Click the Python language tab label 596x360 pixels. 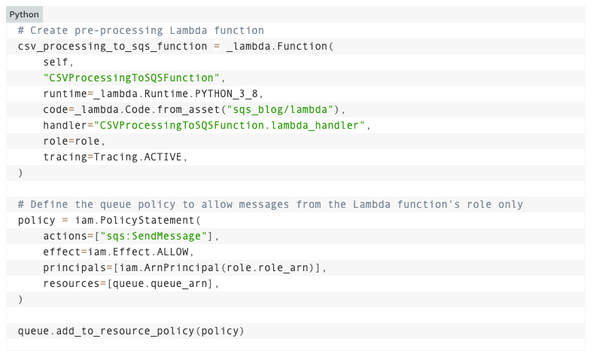point(24,14)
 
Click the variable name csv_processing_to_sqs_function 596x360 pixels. point(112,46)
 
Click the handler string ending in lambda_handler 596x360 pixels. point(232,125)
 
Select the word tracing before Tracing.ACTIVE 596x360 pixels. point(65,157)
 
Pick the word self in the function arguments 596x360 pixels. point(56,62)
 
